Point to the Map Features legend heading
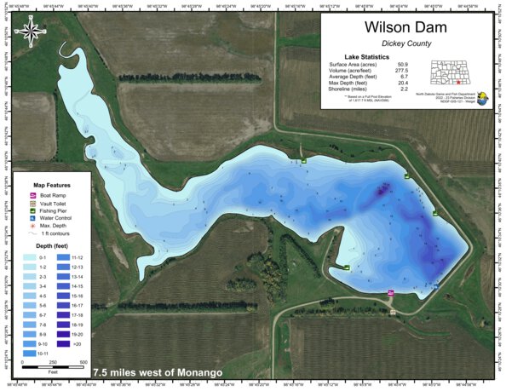tap(51, 184)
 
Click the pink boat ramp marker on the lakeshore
tap(390, 292)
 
